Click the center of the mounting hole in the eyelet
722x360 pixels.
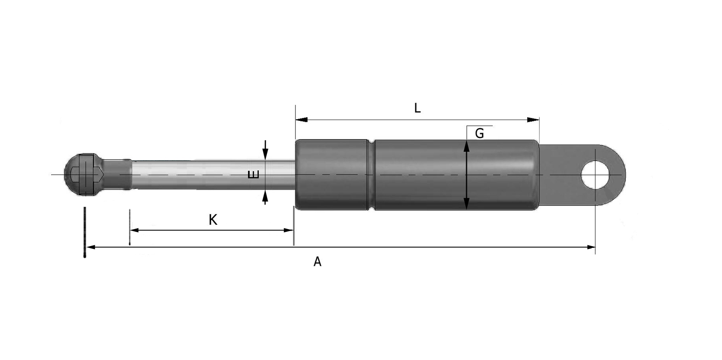(x=595, y=175)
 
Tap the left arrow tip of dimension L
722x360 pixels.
(x=296, y=120)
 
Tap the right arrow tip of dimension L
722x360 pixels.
(x=539, y=120)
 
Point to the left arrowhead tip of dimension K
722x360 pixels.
(x=130, y=230)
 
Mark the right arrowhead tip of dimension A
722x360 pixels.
(x=595, y=247)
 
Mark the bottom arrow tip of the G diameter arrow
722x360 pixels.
(x=466, y=209)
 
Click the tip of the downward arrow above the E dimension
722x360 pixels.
(x=265, y=160)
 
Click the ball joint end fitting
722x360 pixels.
(x=84, y=175)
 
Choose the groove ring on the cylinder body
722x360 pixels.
(x=371, y=175)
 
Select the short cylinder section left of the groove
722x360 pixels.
(x=332, y=175)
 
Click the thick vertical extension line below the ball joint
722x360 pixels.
(x=85, y=232)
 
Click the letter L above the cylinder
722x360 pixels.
(x=417, y=108)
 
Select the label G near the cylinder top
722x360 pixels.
(x=479, y=133)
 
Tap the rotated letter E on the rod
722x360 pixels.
(x=253, y=175)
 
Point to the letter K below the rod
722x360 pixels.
(x=213, y=220)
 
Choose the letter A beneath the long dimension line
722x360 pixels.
(x=317, y=261)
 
